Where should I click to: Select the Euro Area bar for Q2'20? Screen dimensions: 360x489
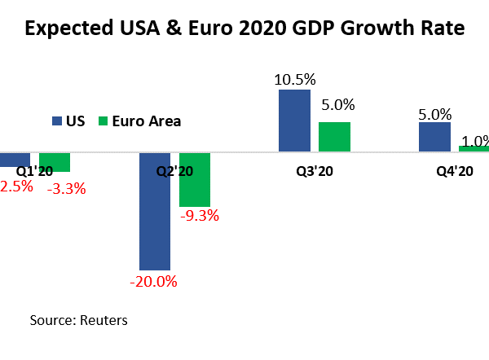(195, 179)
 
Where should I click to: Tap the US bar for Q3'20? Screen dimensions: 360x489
(294, 121)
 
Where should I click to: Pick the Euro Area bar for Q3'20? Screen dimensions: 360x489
(334, 137)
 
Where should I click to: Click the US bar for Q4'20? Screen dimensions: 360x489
(434, 137)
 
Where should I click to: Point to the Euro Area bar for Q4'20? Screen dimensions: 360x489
(474, 148)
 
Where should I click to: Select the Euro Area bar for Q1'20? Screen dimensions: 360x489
(55, 161)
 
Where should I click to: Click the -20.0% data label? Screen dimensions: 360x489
(153, 282)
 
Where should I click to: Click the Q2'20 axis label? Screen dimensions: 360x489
(174, 171)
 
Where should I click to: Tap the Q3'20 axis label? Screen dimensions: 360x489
(315, 171)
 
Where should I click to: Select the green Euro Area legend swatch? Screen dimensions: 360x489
(102, 121)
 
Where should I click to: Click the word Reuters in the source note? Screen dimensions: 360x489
(103, 320)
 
